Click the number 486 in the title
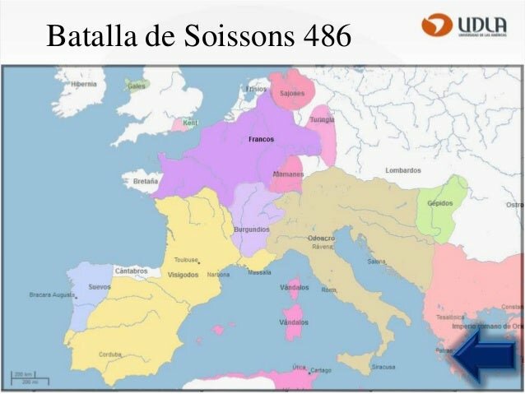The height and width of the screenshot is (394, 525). [324, 35]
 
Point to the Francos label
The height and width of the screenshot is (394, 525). [261, 139]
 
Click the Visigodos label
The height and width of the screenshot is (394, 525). [183, 275]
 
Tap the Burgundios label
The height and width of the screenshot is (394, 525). [251, 229]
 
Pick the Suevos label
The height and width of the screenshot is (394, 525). [100, 287]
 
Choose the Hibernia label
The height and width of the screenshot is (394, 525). [84, 84]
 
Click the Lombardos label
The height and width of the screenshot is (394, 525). [402, 170]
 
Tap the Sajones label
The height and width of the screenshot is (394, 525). [292, 93]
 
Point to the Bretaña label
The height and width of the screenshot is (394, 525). [145, 181]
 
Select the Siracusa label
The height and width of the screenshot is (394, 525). [381, 367]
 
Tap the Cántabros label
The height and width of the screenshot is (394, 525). [131, 271]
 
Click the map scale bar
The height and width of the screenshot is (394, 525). [30, 378]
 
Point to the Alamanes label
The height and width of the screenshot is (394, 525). [288, 174]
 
